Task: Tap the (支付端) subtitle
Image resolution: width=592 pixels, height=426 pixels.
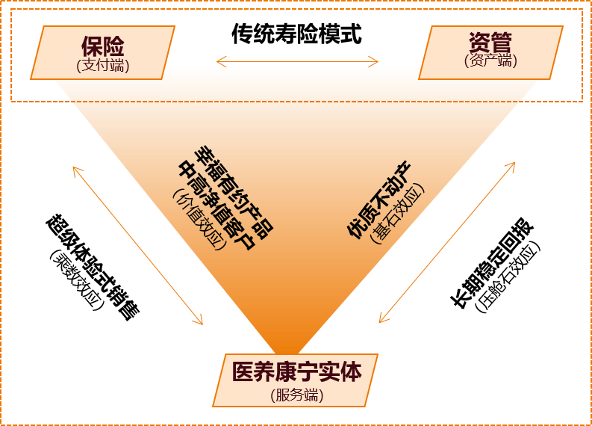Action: coord(103,66)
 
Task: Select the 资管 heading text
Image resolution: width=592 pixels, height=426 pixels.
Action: coord(490,43)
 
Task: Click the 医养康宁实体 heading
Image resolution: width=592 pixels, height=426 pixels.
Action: coord(296,372)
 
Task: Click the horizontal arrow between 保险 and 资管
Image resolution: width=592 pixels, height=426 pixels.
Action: coord(297,61)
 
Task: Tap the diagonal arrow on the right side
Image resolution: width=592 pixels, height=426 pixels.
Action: coord(447,242)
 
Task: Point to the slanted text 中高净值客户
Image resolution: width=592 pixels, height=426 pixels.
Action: coord(216,204)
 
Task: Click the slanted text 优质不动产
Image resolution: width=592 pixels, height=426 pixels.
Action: coord(380,199)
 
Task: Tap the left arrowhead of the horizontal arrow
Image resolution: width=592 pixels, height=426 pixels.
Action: coord(218,61)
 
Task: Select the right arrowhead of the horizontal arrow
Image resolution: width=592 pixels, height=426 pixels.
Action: coord(377,61)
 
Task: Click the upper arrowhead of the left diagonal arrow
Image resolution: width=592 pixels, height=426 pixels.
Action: coord(74,167)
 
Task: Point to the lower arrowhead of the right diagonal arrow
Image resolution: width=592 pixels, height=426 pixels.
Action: coord(381,321)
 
